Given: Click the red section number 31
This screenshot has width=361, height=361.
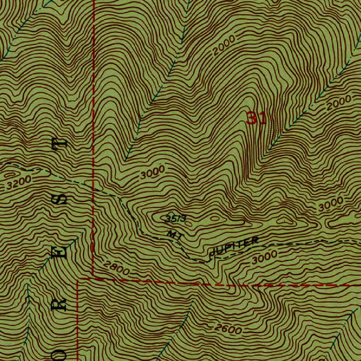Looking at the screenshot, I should tap(256, 118).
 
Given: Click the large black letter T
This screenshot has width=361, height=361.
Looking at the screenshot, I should tap(60, 144).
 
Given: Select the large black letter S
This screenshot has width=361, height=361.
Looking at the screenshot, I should tap(60, 199).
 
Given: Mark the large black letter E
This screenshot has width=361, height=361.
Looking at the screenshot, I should tap(60, 252).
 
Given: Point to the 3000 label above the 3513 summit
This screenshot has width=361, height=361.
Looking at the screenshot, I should tap(152, 173).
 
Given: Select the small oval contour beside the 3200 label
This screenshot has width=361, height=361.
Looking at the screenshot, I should tap(11, 175).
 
